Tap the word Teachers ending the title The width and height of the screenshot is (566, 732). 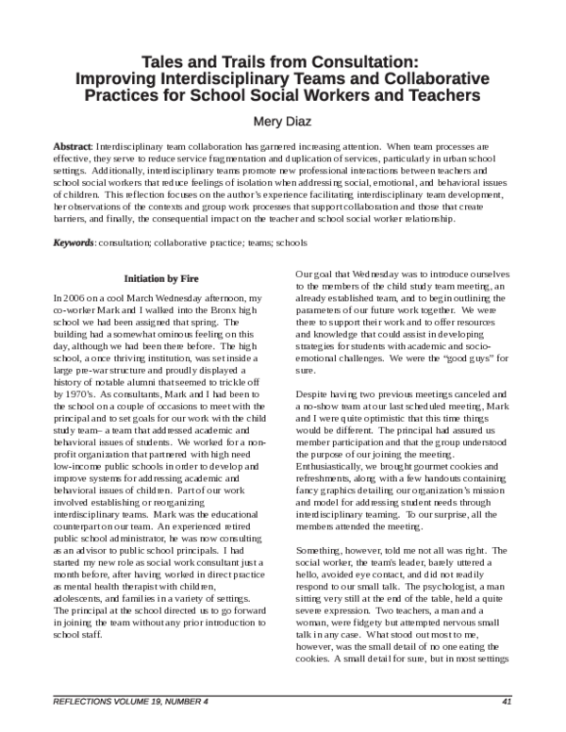click(x=454, y=95)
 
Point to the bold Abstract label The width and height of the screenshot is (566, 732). click(x=72, y=148)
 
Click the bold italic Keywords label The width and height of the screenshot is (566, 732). click(x=73, y=243)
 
